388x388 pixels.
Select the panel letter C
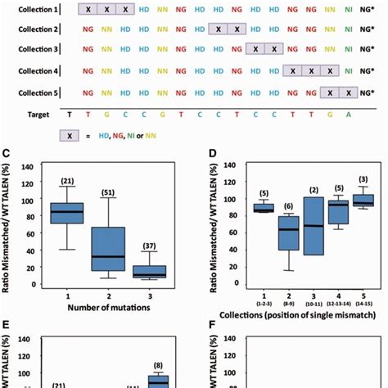point(9,152)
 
